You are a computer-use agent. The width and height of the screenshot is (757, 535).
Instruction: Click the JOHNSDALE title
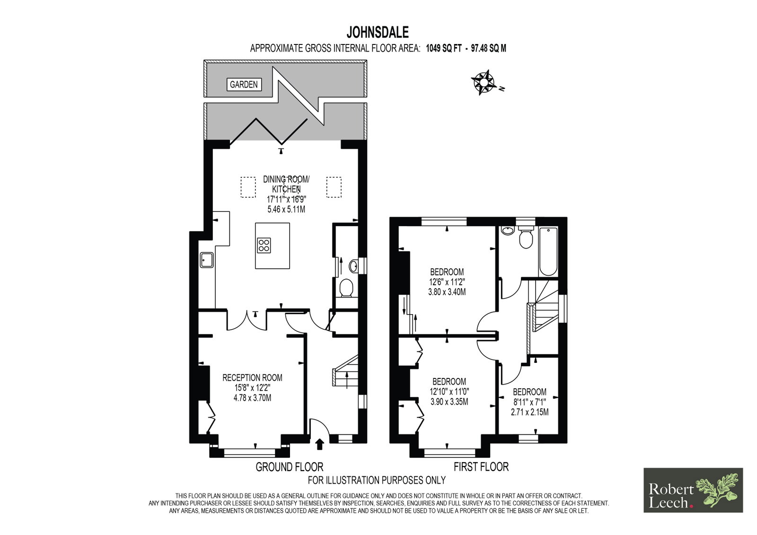click(378, 33)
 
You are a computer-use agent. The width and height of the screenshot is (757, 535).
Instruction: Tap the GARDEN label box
click(244, 84)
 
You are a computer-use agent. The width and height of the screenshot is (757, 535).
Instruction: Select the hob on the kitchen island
click(264, 246)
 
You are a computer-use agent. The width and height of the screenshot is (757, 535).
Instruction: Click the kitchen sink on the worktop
click(206, 260)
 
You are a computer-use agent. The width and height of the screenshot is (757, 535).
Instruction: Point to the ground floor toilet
click(346, 288)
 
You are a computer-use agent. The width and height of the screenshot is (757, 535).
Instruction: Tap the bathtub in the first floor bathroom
click(548, 252)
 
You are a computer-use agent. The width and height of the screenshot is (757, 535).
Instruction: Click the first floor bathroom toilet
click(526, 236)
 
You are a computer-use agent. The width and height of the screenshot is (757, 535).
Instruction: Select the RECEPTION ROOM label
click(252, 377)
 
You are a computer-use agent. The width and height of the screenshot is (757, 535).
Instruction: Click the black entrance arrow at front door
click(319, 444)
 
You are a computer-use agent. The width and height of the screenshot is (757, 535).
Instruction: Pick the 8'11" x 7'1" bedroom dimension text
click(529, 402)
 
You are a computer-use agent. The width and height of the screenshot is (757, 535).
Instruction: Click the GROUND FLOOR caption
click(289, 467)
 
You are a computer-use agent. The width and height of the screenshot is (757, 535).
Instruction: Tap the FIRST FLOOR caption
click(481, 467)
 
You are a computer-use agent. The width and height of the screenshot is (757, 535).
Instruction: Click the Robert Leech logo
click(693, 490)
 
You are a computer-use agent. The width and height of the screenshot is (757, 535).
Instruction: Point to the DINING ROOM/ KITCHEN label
click(286, 184)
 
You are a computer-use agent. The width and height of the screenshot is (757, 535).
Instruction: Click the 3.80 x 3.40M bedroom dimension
click(447, 292)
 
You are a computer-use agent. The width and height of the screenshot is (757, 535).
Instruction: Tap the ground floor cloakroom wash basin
click(353, 266)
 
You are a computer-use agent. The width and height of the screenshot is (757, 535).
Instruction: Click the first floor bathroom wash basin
click(507, 230)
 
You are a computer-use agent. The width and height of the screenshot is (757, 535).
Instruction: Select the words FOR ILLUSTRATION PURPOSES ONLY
click(377, 480)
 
